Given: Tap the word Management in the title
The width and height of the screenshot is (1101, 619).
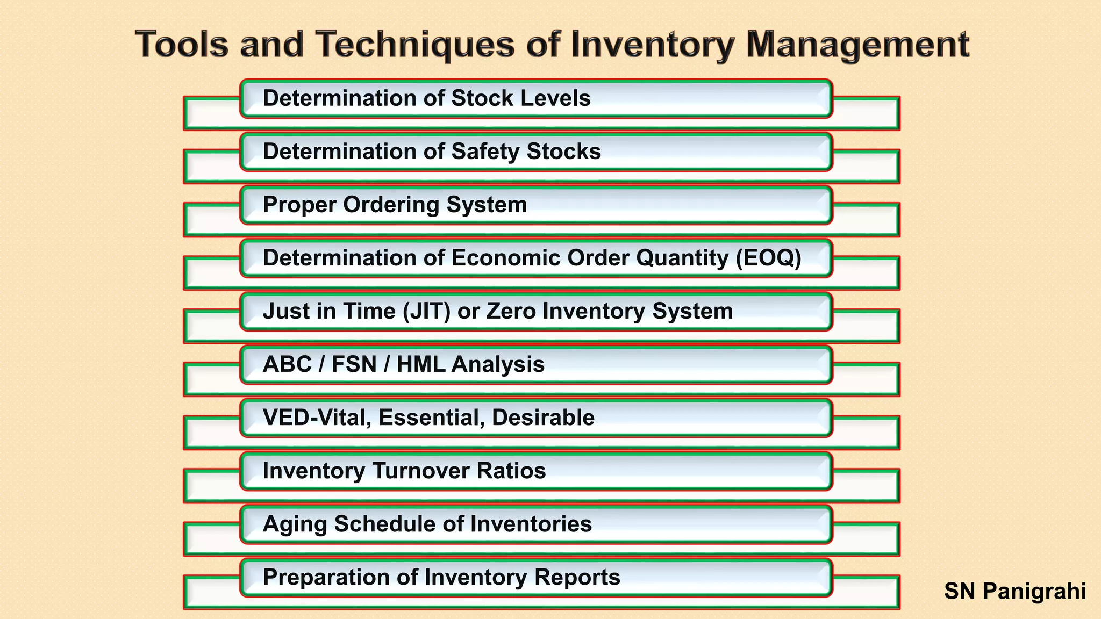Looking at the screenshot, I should [x=858, y=45].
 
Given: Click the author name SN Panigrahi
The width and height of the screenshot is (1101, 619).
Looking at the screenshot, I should [x=1014, y=591].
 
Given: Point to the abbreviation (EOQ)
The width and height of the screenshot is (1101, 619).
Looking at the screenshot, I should [x=768, y=258].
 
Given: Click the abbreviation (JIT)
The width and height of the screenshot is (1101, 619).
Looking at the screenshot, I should [x=426, y=311].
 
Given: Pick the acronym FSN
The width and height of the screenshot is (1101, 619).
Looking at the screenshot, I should [x=353, y=364].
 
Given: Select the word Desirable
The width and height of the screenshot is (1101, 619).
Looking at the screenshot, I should [x=542, y=418].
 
